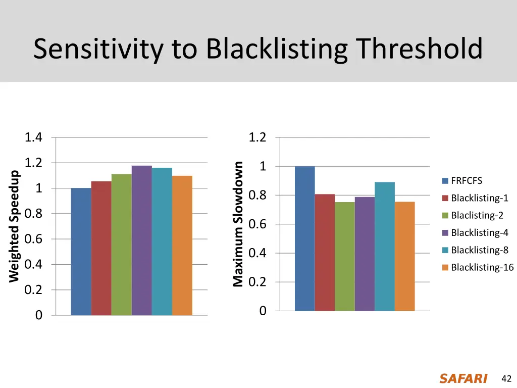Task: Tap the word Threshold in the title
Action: [x=419, y=50]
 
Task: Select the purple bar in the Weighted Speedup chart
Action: [x=141, y=240]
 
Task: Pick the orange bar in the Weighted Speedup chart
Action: [x=182, y=246]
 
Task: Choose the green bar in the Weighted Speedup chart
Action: [x=121, y=245]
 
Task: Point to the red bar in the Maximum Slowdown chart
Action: [x=325, y=253]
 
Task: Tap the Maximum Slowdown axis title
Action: [x=238, y=224]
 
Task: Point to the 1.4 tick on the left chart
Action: [x=34, y=137]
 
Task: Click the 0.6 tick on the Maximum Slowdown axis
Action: [x=257, y=224]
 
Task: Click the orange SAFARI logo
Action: [x=463, y=379]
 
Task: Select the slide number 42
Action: [x=506, y=379]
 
